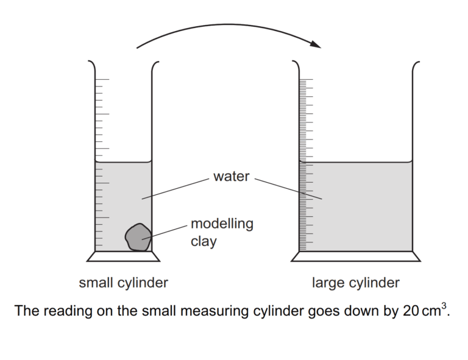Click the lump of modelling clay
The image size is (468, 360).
pos(138,237)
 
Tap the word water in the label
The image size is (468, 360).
pos(231,177)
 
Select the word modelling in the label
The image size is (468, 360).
pos(222,224)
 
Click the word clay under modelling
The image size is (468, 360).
pos(204,241)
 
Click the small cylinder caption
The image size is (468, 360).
pos(123,283)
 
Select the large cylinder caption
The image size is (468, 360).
pos(356,283)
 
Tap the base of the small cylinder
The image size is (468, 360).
pos(124,256)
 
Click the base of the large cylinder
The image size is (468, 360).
pos(356,256)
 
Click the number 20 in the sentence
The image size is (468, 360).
pos(410,311)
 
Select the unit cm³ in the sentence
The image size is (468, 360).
pos(434,311)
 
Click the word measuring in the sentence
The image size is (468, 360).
pos(210,311)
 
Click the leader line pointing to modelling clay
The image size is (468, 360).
pos(167,231)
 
